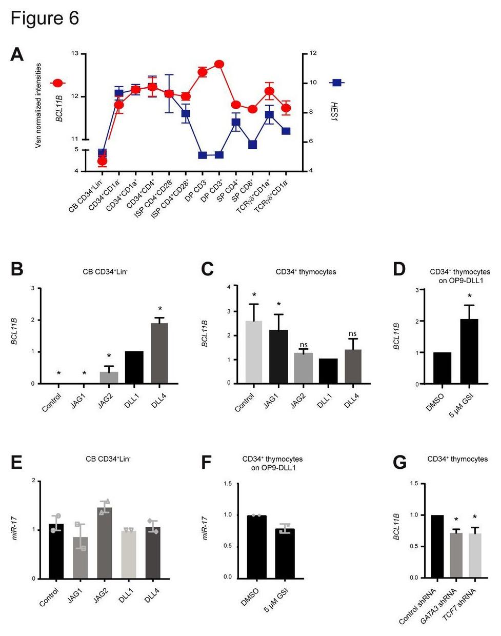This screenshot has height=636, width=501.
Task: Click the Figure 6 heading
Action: (45, 18)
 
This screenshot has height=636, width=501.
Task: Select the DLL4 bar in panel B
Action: (159, 353)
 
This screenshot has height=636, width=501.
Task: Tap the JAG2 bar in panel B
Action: (109, 377)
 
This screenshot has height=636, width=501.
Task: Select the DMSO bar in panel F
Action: (256, 546)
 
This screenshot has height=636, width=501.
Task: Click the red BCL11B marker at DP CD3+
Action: (219, 64)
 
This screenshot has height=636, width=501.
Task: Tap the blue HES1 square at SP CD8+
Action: (252, 145)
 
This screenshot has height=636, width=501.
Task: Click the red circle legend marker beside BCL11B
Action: (57, 83)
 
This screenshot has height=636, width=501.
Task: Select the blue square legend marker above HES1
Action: (337, 83)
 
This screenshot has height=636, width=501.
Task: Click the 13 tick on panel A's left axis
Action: (75, 53)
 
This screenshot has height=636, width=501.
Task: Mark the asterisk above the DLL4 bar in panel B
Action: (160, 309)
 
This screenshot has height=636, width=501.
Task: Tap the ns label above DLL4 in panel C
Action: (352, 333)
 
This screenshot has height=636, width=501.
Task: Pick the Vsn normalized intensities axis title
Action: (38, 106)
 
